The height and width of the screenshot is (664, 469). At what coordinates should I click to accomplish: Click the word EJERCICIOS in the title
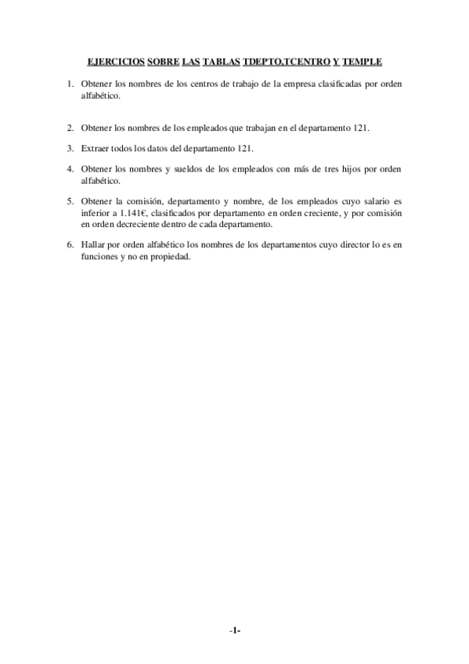pos(115,61)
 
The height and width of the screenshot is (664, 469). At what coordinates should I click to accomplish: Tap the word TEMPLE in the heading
pos(363,61)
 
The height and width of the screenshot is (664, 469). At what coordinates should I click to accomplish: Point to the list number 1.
pos(70,83)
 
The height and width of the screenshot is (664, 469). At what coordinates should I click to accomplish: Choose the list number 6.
pos(70,245)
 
